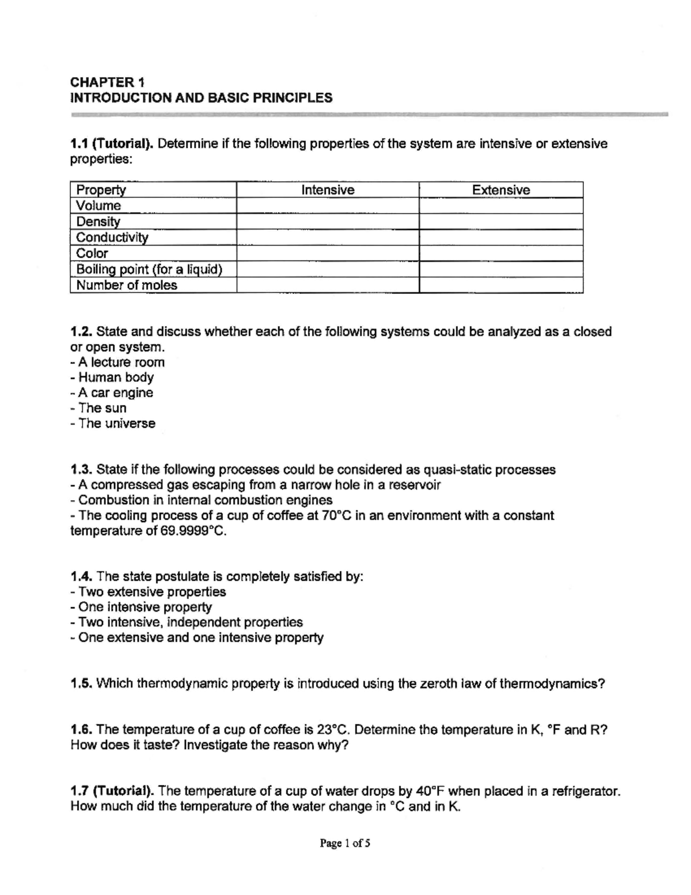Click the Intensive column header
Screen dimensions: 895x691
coord(328,190)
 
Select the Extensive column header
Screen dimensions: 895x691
coord(501,190)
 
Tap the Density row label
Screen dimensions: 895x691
coord(98,221)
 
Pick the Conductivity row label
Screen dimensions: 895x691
coord(112,237)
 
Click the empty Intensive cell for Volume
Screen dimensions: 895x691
coord(328,206)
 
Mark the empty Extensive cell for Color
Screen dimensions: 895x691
coord(501,254)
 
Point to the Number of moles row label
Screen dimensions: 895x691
coord(127,285)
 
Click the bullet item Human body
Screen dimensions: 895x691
coord(116,377)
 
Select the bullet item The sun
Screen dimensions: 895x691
coord(102,408)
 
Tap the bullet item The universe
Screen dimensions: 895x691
coord(116,424)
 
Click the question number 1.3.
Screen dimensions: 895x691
coord(81,470)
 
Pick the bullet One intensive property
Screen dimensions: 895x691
coord(145,607)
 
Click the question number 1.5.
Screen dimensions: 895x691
coord(81,684)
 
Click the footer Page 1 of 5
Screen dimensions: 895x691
coord(345,844)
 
